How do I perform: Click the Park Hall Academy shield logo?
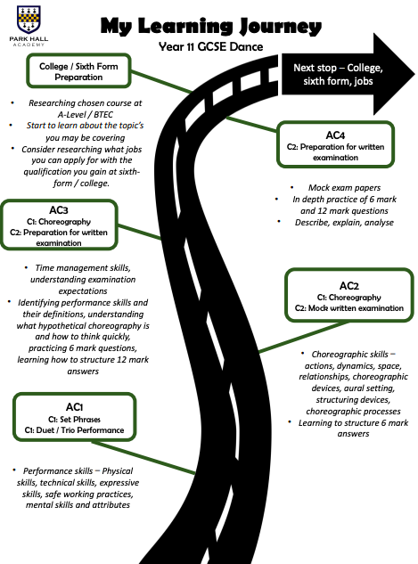(x=29, y=20)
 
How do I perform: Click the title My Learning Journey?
(x=211, y=26)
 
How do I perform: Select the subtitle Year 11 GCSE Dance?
(x=211, y=46)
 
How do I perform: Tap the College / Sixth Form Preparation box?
(x=78, y=71)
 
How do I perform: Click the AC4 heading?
(x=335, y=135)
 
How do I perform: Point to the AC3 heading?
(x=59, y=210)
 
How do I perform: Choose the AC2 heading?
(x=349, y=286)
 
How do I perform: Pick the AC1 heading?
(x=75, y=407)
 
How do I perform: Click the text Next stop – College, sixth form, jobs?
(x=338, y=74)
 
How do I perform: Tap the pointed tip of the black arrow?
(x=414, y=75)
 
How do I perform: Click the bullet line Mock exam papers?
(x=344, y=187)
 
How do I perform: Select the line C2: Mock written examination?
(x=349, y=308)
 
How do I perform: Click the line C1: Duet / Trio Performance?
(x=75, y=430)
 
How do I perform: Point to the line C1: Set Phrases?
(x=75, y=420)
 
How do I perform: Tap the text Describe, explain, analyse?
(x=344, y=222)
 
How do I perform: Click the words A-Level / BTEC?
(x=86, y=114)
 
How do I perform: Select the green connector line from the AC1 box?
(x=143, y=457)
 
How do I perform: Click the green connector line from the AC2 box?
(x=304, y=337)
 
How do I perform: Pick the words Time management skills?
(x=83, y=268)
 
